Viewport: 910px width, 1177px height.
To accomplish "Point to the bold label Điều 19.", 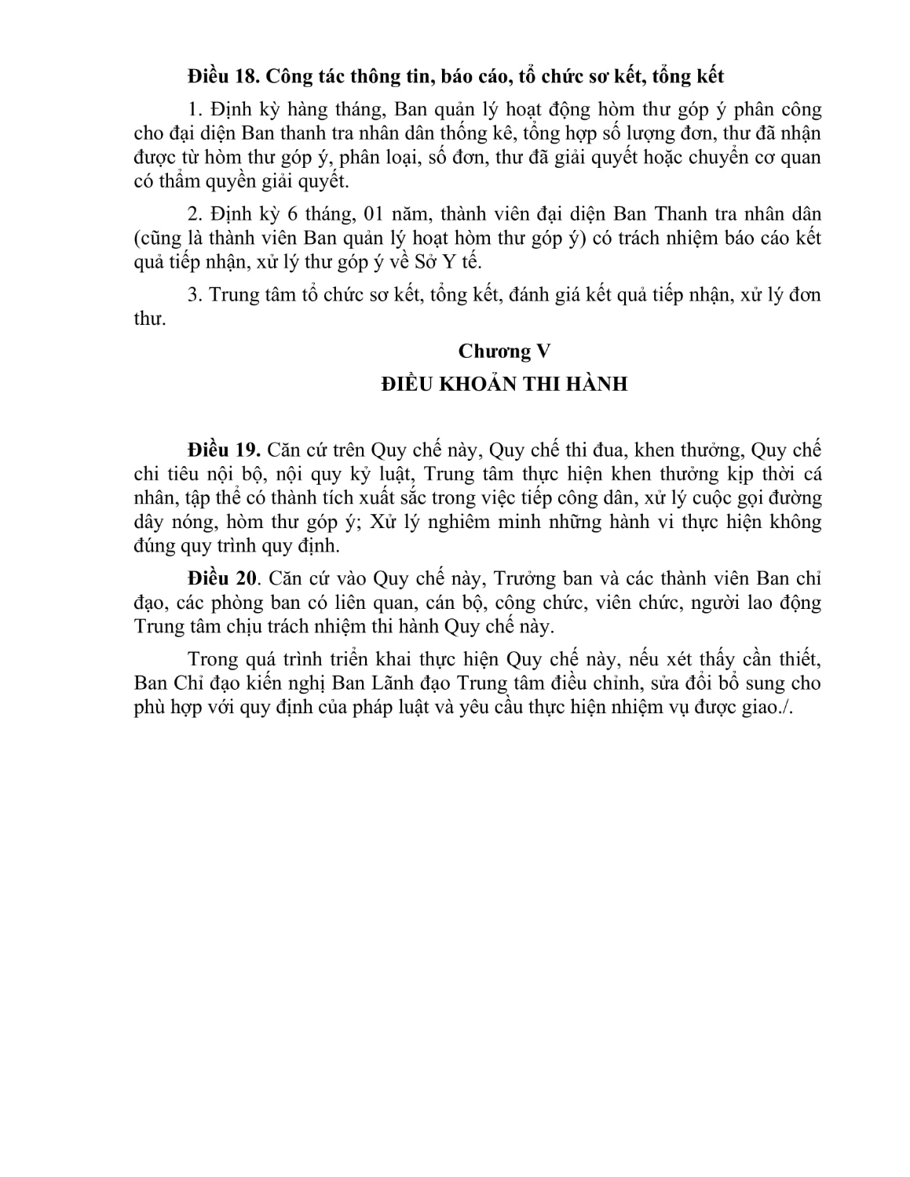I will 223,451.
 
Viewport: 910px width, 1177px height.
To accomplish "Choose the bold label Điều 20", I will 223,579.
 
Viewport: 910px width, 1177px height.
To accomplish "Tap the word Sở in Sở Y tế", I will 439,262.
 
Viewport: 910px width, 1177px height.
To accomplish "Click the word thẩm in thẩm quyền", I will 188,181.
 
